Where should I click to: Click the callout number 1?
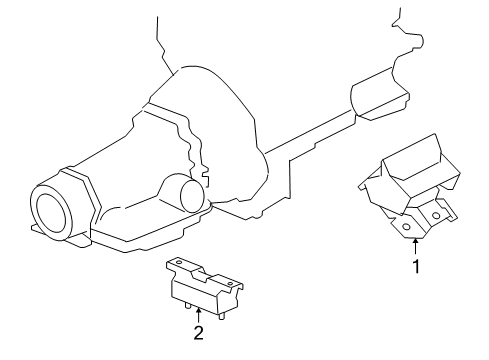point(414,267)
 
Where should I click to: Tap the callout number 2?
point(199,333)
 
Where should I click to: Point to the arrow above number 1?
point(414,247)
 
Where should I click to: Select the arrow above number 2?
point(199,313)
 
